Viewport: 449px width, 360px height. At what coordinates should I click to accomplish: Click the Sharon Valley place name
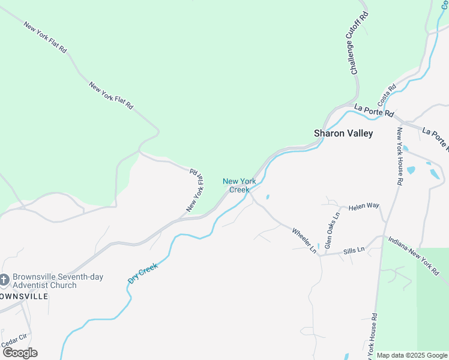tap(343, 133)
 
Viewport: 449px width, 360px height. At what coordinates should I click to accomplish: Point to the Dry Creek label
tap(143, 273)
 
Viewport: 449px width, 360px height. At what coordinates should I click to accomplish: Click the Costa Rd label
tap(387, 95)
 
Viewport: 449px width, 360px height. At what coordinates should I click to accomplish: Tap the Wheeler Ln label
tap(304, 240)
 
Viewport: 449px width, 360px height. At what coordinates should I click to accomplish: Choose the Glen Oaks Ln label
tap(331, 230)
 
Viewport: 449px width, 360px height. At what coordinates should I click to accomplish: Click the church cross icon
tap(4, 280)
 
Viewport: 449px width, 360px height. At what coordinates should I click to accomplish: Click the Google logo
tap(19, 352)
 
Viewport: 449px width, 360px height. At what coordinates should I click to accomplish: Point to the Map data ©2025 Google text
tap(411, 355)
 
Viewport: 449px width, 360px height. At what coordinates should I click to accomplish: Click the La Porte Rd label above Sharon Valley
tap(374, 110)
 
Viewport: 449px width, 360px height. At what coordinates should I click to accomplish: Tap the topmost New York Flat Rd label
tap(45, 38)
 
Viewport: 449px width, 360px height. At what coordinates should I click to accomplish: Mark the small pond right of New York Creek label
tap(267, 196)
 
